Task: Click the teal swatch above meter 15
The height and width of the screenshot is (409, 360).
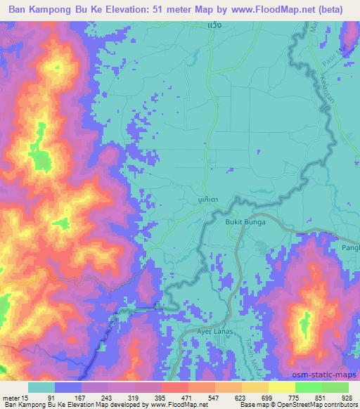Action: pyautogui.click(x=41, y=387)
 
